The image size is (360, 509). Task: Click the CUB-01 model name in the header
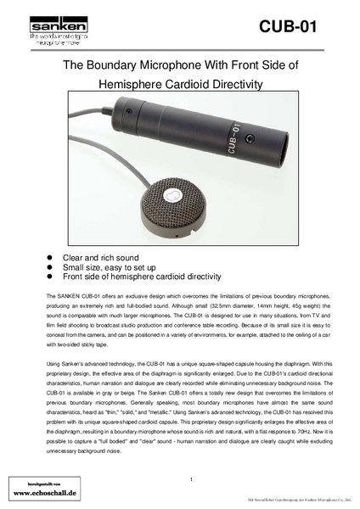(x=288, y=27)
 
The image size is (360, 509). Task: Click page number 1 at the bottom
(x=191, y=480)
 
